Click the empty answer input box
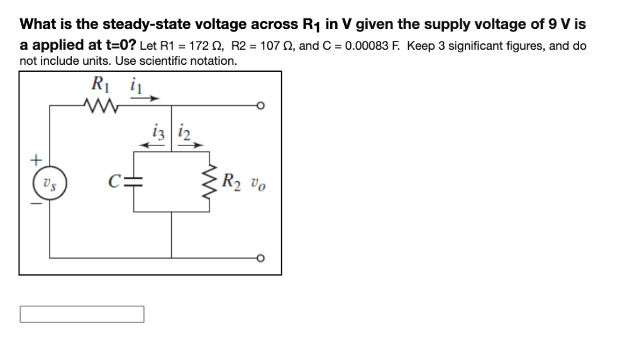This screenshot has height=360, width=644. coord(82,313)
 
